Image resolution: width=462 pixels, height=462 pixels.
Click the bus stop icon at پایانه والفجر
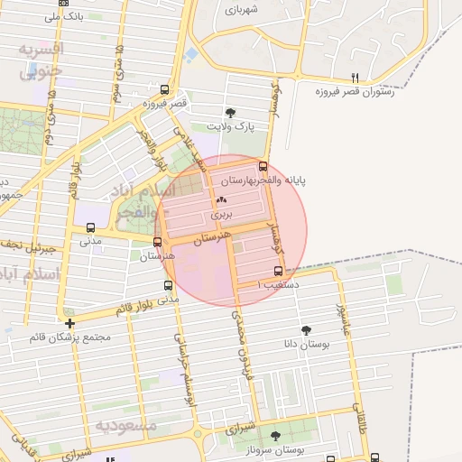(x=263, y=166)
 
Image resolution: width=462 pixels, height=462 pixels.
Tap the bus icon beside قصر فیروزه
(x=163, y=89)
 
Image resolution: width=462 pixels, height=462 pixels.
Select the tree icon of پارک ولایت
(x=231, y=114)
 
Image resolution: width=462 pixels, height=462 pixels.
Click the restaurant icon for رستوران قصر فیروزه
(x=355, y=78)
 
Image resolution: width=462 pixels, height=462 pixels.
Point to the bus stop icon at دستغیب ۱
(x=277, y=271)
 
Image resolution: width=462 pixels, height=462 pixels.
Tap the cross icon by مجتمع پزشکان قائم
(x=69, y=322)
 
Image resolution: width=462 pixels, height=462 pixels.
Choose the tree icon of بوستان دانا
(x=307, y=329)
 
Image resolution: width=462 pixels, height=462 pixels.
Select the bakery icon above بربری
(x=222, y=199)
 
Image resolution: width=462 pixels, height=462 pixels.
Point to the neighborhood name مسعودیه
(x=126, y=424)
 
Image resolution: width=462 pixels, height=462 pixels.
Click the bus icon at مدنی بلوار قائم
(x=168, y=285)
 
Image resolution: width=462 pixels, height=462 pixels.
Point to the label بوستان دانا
(x=324, y=344)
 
